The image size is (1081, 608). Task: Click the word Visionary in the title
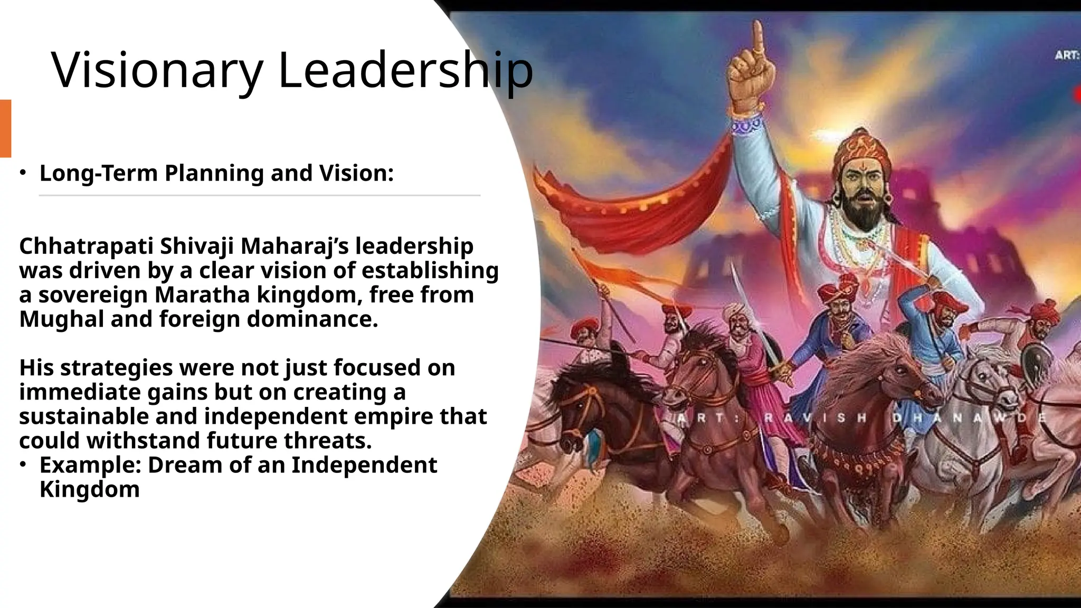pyautogui.click(x=157, y=71)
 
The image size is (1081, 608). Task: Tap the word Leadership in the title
pyautogui.click(x=405, y=71)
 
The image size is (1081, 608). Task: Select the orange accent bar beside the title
pyautogui.click(x=5, y=128)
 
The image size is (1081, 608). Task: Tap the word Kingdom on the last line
pyautogui.click(x=90, y=489)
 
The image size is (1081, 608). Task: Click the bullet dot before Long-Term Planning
pyautogui.click(x=23, y=173)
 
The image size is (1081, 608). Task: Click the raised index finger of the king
pyautogui.click(x=758, y=37)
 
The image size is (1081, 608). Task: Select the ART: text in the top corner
pyautogui.click(x=1067, y=55)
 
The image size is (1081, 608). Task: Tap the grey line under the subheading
pyautogui.click(x=259, y=195)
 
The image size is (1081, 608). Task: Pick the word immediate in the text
pyautogui.click(x=80, y=392)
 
